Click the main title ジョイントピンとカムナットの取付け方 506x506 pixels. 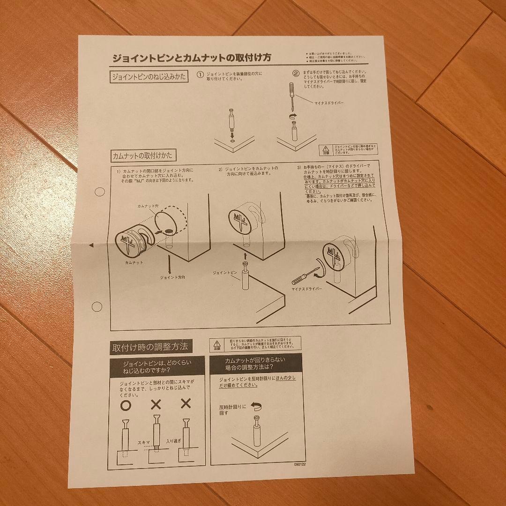point(191,58)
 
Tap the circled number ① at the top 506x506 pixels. point(201,74)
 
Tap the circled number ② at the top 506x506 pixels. point(296,73)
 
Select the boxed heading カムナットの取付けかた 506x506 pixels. point(144,155)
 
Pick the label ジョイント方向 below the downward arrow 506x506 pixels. point(172,277)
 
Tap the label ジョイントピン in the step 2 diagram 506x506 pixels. point(225,272)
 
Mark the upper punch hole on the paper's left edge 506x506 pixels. point(99,192)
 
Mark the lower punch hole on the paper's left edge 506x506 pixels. point(97,307)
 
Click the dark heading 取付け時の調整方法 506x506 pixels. point(149,347)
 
